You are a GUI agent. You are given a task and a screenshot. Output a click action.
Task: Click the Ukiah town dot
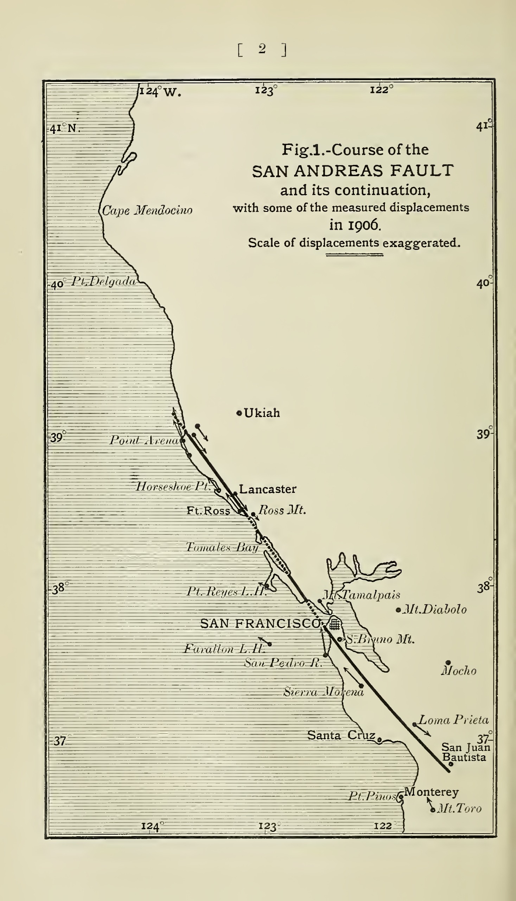(x=239, y=413)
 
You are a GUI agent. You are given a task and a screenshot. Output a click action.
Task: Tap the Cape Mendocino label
(x=147, y=210)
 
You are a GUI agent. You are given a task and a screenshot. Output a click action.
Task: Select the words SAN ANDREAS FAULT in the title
(x=353, y=171)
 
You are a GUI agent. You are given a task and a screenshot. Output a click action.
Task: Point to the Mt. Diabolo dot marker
(x=398, y=610)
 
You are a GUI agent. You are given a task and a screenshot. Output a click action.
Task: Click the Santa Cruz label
(x=340, y=736)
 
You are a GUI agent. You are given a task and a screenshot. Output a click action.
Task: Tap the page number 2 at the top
(x=262, y=49)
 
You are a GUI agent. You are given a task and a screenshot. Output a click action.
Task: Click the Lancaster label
(x=268, y=489)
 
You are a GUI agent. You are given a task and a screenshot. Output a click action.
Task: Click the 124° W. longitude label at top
(x=159, y=91)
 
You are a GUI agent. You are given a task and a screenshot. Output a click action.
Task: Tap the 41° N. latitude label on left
(x=64, y=128)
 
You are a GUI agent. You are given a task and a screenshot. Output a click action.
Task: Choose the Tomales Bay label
(x=222, y=547)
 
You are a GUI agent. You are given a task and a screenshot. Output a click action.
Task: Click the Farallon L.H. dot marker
(x=270, y=645)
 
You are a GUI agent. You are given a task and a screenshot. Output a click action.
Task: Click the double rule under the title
(x=355, y=254)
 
